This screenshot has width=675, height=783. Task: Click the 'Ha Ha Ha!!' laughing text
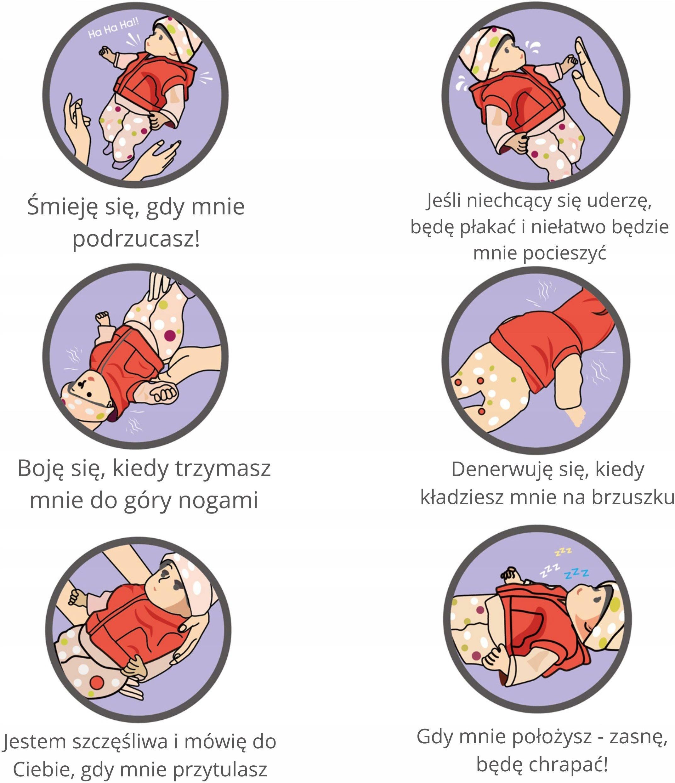point(114,29)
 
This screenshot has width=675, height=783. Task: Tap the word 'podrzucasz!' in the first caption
point(136,239)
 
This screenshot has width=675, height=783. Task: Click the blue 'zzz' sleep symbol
point(576,573)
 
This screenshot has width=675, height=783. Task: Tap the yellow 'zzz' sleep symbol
point(564,551)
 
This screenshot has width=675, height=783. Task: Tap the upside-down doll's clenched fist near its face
point(164,393)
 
